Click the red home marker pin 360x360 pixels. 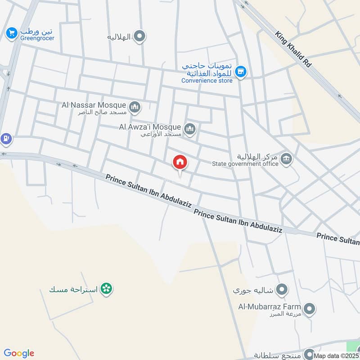point(180,162)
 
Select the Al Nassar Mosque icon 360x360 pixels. point(135,107)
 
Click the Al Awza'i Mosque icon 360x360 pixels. point(190,130)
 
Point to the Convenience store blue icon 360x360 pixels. point(241,72)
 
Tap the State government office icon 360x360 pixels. point(286,159)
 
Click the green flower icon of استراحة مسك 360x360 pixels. point(106,288)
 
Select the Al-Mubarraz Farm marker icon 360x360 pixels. point(309,309)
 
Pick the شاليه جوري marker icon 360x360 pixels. point(282,289)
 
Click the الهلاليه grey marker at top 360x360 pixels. point(140,36)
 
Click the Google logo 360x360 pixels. point(19,353)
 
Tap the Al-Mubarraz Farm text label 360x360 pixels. point(270,307)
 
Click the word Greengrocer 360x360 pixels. point(37,38)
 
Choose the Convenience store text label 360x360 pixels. point(207,81)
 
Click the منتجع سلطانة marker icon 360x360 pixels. point(309,353)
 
